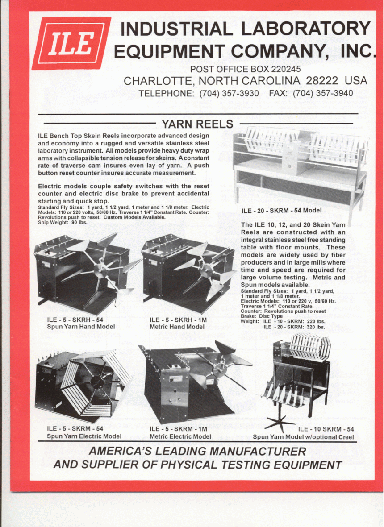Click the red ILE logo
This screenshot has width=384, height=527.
(72, 43)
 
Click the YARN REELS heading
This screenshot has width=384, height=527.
(197, 124)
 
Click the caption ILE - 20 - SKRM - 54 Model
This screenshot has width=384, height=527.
(281, 211)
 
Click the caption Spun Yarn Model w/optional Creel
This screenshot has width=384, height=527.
(303, 436)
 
